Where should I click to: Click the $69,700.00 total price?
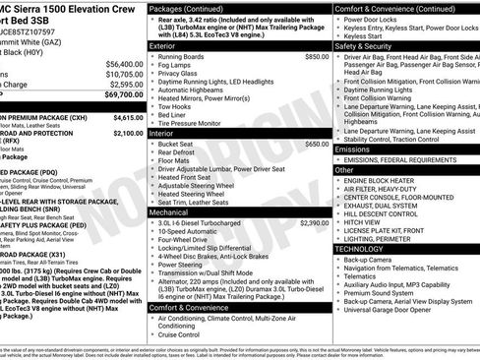119,95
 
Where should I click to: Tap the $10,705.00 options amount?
119,73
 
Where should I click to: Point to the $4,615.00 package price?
121,117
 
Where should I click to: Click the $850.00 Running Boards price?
316,57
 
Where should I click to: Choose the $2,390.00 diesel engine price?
313,223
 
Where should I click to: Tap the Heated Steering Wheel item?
196,195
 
